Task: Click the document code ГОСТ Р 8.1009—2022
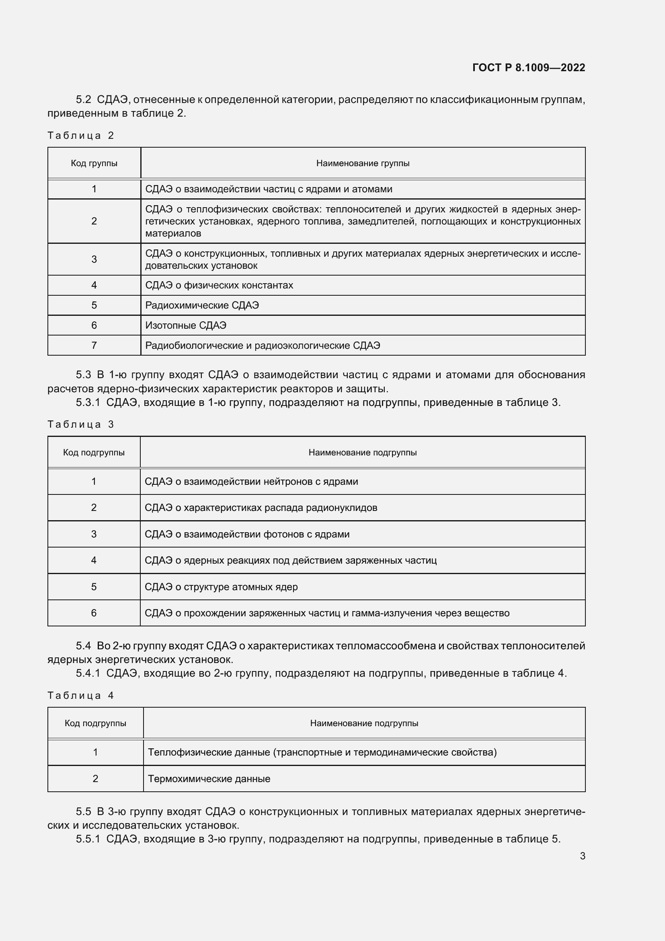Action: click(528, 68)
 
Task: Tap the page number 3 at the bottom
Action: click(582, 856)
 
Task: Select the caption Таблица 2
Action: click(80, 136)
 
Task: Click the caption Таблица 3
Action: click(80, 424)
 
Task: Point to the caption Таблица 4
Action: click(80, 696)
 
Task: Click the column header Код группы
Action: click(94, 163)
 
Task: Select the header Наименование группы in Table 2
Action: click(362, 163)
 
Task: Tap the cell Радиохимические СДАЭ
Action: click(202, 305)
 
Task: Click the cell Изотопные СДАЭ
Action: click(185, 325)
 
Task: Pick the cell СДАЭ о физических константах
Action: click(219, 285)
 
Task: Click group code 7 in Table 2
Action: click(94, 346)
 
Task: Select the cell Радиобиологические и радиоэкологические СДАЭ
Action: click(263, 346)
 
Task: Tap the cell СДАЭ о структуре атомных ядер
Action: click(221, 587)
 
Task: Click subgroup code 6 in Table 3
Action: click(94, 613)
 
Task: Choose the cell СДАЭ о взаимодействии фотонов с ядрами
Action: click(247, 534)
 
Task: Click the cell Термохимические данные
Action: click(209, 779)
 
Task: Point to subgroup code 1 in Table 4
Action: click(95, 752)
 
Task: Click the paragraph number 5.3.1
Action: click(88, 402)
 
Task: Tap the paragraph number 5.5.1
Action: click(88, 839)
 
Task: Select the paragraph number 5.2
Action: click(84, 100)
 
